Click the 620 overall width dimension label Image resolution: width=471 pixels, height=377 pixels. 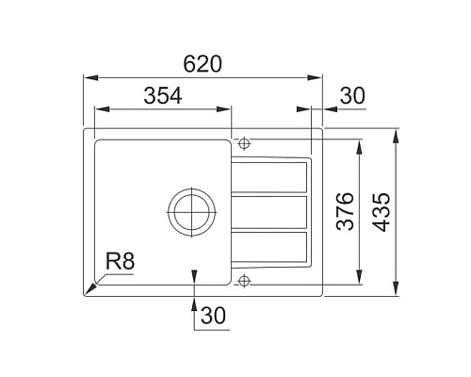(x=203, y=64)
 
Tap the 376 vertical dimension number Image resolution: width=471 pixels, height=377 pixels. (x=345, y=212)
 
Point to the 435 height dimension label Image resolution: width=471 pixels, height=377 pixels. (x=382, y=212)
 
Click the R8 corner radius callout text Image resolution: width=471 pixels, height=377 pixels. (x=121, y=261)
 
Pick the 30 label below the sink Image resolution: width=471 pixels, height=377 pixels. (x=216, y=318)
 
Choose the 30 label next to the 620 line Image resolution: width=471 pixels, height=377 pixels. (x=351, y=94)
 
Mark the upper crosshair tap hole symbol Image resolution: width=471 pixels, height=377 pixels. (x=244, y=144)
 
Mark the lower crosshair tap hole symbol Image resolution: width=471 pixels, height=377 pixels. (x=244, y=280)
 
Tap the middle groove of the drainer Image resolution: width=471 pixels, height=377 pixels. (x=270, y=211)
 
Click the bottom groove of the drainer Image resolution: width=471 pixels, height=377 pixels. (x=270, y=246)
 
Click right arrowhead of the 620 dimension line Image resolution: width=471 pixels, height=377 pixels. (x=319, y=78)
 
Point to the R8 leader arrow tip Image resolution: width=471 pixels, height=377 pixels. (x=88, y=293)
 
